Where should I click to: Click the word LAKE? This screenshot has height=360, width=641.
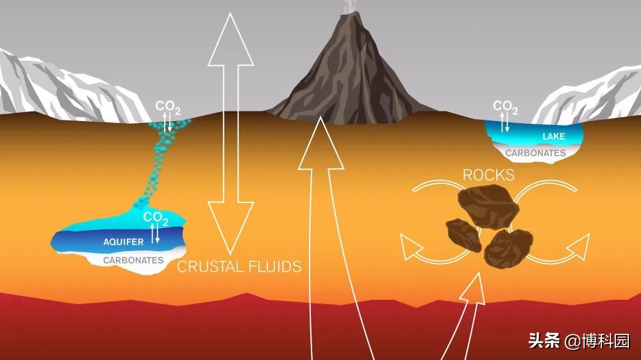pos(554,136)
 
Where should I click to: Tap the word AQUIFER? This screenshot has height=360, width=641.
pos(124,242)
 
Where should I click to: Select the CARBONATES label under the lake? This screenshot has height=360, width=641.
pos(535,153)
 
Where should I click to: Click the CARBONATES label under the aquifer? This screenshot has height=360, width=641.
pos(133,260)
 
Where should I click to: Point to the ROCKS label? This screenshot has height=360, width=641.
pos(488,176)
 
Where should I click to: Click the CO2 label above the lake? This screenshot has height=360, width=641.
pos(505,107)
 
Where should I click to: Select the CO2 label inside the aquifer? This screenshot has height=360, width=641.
pos(155,218)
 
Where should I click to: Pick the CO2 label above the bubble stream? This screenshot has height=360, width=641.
pos(167,107)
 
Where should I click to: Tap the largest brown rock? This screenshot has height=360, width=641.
pos(488,206)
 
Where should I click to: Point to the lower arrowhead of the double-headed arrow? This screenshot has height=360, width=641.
pos(231,227)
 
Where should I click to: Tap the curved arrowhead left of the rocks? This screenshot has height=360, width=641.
pos(410,247)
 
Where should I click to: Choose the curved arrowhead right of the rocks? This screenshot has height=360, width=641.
pos(578,247)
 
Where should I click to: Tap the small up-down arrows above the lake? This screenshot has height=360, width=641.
pos(504,122)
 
